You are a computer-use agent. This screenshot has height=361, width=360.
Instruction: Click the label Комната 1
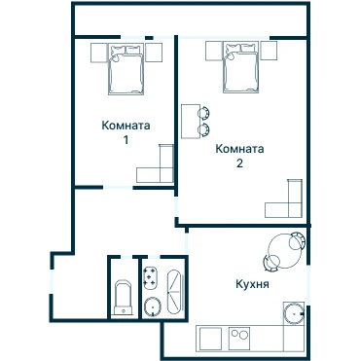[x=126, y=132]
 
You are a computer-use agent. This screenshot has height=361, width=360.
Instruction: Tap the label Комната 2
[x=239, y=156]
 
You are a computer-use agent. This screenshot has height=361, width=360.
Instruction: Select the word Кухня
[x=252, y=285]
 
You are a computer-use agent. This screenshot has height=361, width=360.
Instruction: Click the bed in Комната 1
[x=126, y=69]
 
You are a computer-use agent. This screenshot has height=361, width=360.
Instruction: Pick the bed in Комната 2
[x=241, y=67]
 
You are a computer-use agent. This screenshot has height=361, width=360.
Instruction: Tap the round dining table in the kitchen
[x=281, y=251]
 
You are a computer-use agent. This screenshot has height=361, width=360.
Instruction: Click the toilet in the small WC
[x=124, y=298]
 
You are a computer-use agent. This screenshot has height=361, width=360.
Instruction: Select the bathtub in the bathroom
[x=174, y=292]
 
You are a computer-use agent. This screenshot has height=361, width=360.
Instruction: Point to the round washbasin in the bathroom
[x=152, y=307]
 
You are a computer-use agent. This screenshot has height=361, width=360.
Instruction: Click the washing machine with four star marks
[x=150, y=277]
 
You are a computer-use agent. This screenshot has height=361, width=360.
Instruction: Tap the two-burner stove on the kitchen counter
[x=239, y=339]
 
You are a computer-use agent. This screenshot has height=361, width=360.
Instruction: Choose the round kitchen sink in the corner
[x=294, y=313]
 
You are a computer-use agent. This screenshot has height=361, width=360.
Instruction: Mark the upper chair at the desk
[x=203, y=113]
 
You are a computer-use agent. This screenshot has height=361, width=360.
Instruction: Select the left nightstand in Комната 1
[x=99, y=53]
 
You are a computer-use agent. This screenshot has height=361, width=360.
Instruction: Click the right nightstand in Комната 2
[x=269, y=51]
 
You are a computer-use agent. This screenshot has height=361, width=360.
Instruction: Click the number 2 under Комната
[x=239, y=163]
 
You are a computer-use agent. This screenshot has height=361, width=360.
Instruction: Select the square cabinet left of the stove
[x=210, y=339]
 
